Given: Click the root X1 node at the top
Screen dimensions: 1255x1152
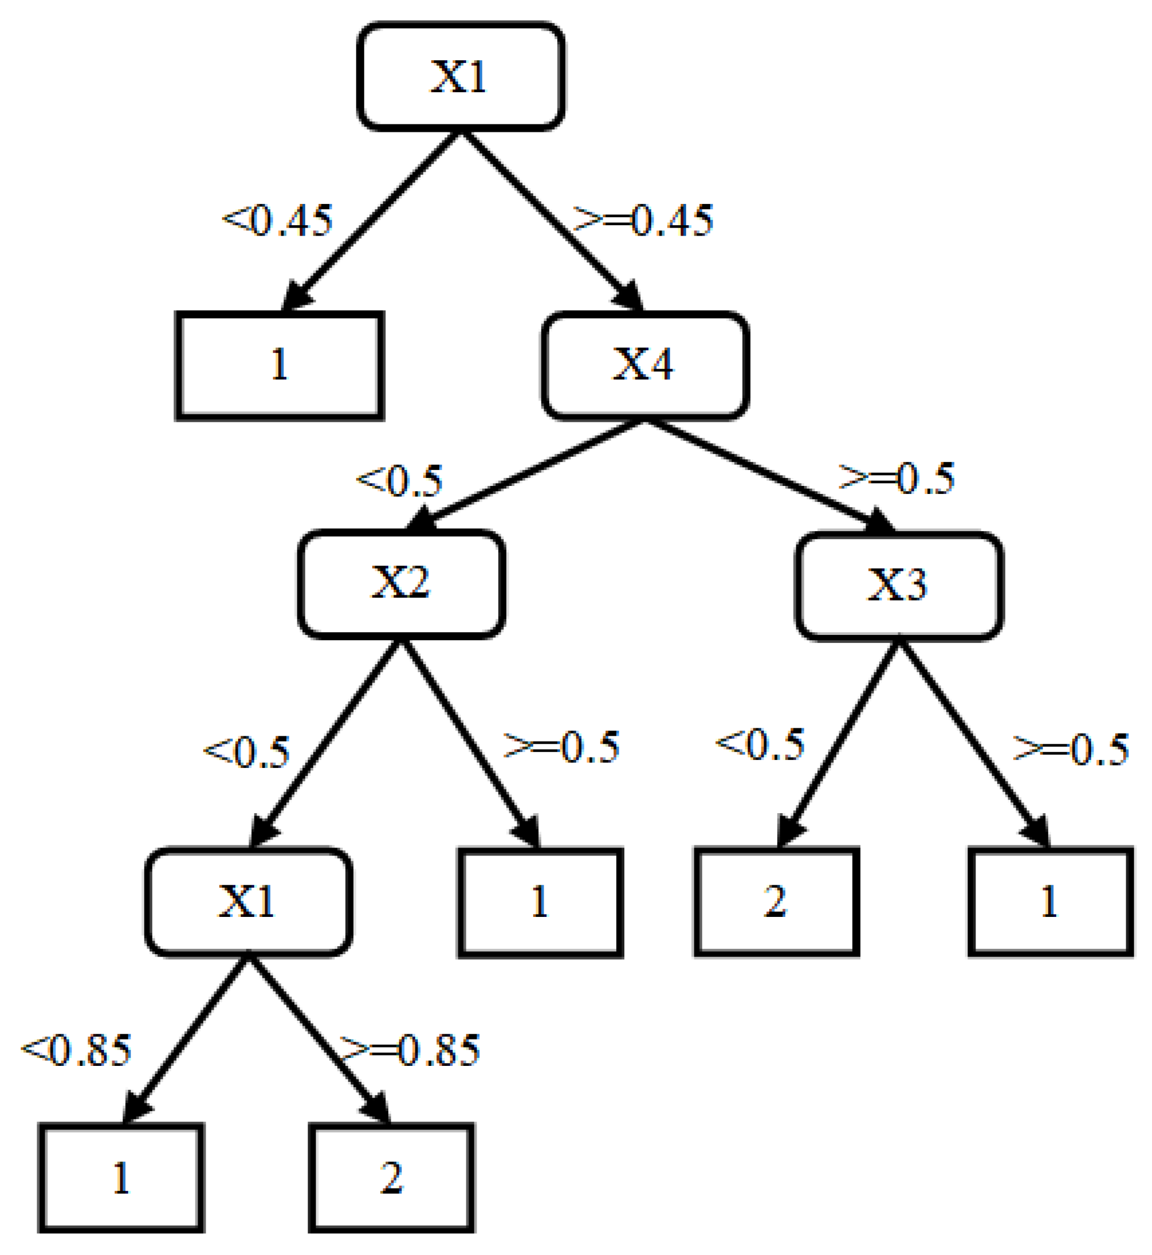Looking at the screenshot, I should pos(461,76).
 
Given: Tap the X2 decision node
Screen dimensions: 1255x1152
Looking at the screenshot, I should pos(401,583).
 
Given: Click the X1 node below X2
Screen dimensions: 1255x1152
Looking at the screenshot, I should pos(248,901).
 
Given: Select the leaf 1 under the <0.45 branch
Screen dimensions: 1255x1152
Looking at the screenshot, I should pos(280,366).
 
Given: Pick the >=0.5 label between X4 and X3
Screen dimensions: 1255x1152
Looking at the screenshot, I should pos(897,479).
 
